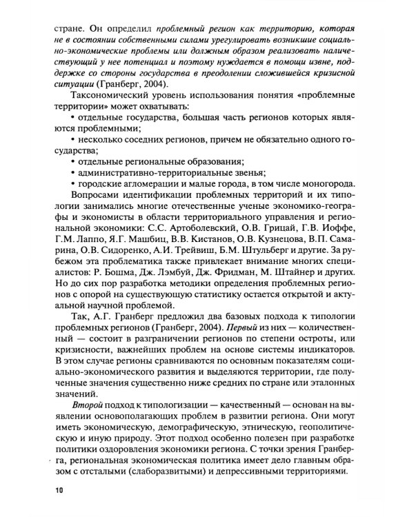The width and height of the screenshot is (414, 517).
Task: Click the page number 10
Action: coord(59,490)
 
